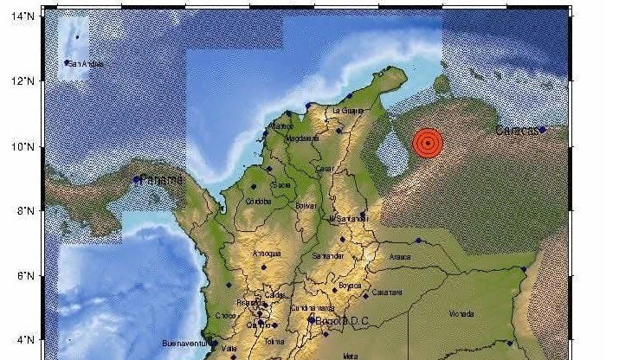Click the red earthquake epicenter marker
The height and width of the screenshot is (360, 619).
click(428, 144)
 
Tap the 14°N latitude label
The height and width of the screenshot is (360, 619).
click(23, 16)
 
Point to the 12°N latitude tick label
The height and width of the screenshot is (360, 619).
click(23, 81)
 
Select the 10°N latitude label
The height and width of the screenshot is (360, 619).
click(23, 146)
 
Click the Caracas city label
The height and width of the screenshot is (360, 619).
click(517, 131)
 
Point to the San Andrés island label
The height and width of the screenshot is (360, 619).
click(89, 63)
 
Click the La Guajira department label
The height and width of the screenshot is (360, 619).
click(348, 111)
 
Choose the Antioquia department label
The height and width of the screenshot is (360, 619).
click(267, 254)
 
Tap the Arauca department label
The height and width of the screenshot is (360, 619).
click(398, 257)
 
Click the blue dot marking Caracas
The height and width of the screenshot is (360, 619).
click(542, 130)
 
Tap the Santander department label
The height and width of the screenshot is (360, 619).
click(328, 256)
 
